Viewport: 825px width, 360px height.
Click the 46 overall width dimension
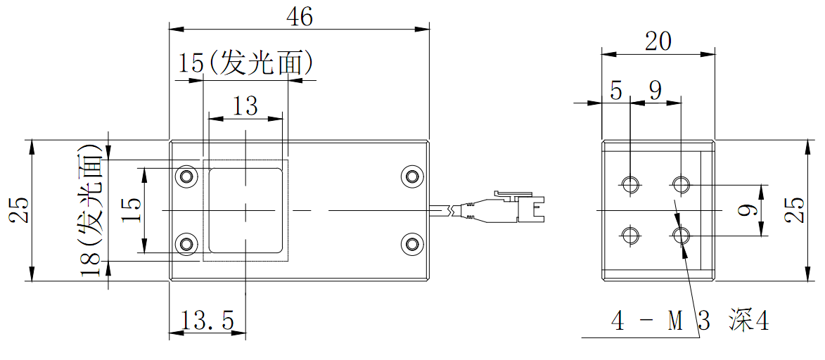[300, 18]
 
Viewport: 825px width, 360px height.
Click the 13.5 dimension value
[207, 321]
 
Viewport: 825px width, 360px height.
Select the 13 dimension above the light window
[245, 106]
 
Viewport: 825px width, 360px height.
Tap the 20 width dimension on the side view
[658, 42]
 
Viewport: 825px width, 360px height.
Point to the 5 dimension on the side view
[617, 91]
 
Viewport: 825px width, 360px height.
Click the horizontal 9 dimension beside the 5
[655, 91]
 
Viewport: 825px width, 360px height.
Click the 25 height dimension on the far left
[19, 210]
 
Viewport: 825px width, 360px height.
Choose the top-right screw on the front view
[411, 176]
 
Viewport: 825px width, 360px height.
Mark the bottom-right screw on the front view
[411, 243]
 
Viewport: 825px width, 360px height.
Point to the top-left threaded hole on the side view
[629, 185]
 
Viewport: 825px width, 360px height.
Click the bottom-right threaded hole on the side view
[681, 235]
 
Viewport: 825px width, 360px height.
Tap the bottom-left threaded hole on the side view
[629, 235]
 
